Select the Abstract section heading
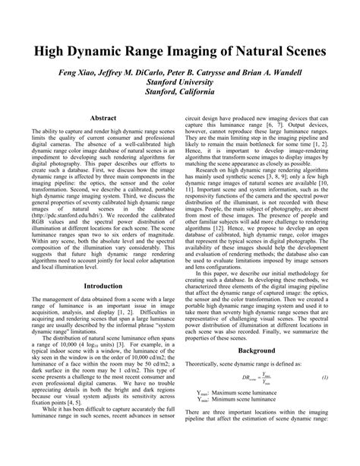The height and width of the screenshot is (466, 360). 103,119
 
